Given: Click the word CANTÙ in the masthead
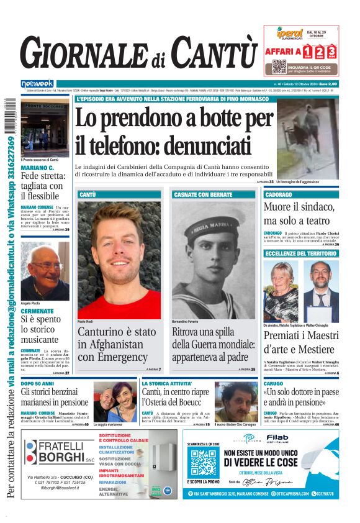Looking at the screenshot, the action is (x=214, y=52).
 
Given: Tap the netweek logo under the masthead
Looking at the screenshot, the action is (x=37, y=83).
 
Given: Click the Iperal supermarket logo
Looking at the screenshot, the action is (x=289, y=33).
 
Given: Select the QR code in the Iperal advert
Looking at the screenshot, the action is (x=279, y=67).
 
